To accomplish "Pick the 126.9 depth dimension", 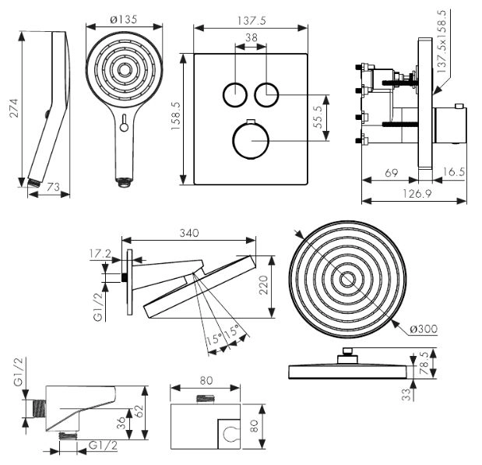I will (413, 193).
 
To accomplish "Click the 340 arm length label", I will (188, 232).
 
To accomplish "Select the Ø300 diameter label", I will (424, 328).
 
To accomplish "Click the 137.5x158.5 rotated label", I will (444, 43).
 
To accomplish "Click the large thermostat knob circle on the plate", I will (251, 141).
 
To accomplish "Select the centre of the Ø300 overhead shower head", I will (347, 281).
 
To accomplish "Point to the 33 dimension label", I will (406, 394).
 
